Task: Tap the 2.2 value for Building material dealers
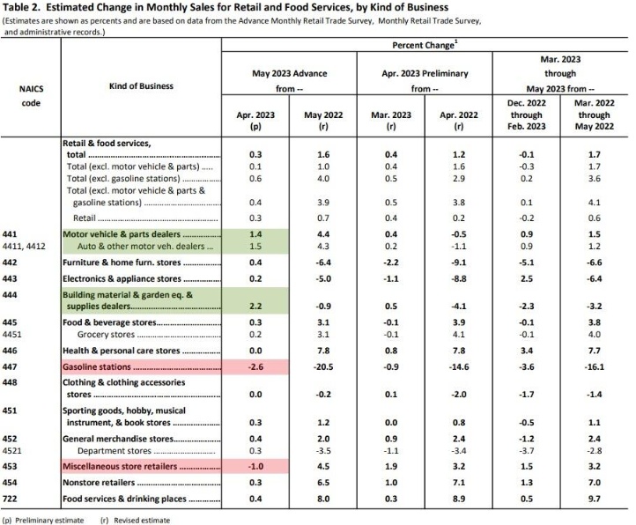click(255, 307)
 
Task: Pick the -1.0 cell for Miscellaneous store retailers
click(255, 465)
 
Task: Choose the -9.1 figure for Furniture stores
click(456, 262)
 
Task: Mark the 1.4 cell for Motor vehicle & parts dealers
click(255, 234)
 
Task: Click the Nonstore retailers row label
click(98, 482)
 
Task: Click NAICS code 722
click(14, 499)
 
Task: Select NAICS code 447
click(14, 365)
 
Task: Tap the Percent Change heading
click(420, 43)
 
